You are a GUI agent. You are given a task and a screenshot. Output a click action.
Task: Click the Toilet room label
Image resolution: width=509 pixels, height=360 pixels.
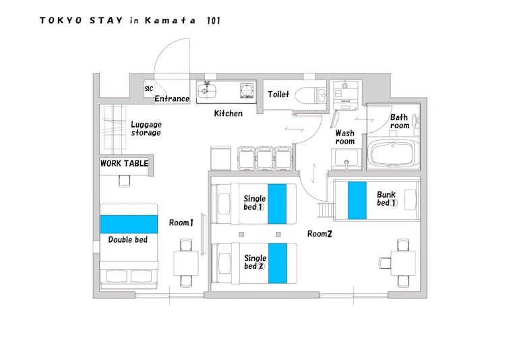tap(278, 94)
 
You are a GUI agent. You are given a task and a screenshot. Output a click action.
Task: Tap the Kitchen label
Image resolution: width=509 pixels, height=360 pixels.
tap(228, 113)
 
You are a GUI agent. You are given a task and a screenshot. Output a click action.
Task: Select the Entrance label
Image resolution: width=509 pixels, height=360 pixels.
tap(172, 98)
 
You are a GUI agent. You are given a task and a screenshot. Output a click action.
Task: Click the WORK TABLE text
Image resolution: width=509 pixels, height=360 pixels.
tap(124, 163)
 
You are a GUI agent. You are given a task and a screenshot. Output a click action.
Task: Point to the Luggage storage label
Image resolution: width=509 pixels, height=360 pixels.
tap(146, 129)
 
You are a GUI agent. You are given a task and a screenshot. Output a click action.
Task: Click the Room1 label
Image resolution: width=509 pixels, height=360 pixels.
tap(181, 222)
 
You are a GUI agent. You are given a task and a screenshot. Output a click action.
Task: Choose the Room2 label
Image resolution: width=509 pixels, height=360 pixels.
tap(320, 234)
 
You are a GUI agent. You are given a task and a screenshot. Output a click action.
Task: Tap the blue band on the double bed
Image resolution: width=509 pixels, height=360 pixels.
tap(129, 224)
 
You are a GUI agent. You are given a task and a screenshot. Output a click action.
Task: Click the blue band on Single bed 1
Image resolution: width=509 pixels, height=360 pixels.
tap(277, 204)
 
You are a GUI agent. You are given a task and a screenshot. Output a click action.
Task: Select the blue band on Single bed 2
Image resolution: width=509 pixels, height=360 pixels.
tap(278, 264)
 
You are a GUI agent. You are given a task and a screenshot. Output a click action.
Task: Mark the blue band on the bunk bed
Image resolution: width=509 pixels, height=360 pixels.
tap(357, 200)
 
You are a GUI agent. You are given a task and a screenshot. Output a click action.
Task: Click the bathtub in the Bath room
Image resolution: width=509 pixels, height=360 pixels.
tap(393, 154)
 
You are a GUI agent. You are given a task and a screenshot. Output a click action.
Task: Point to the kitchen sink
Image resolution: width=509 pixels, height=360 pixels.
tap(207, 91)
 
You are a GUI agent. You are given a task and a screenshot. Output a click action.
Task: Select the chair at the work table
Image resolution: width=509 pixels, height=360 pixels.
tap(124, 181)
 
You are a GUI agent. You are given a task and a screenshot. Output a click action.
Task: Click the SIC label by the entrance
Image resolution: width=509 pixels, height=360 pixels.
tap(149, 88)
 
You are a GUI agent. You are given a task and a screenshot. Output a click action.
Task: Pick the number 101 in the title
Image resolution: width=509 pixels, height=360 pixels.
tap(213, 21)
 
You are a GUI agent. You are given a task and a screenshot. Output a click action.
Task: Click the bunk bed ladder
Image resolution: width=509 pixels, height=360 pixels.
tap(326, 210)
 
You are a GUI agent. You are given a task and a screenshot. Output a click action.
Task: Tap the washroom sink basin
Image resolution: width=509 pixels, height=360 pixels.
tap(346, 159)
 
